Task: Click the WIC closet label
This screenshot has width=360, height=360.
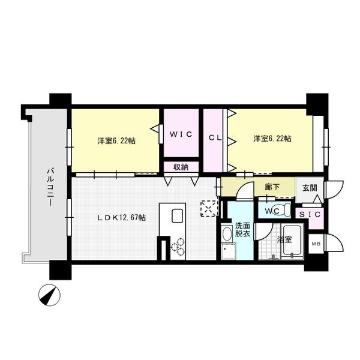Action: pos(181,134)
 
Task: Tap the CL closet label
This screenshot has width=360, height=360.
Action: pos(215,138)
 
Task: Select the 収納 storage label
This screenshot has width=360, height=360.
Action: pos(181,167)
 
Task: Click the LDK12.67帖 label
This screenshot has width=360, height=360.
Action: pos(122,217)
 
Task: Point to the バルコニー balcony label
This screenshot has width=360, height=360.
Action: pos(50,187)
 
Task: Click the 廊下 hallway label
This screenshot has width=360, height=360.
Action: pos(272,187)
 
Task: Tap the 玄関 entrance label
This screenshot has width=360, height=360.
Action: pos(310,188)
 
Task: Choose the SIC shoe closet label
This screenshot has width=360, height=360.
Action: pos(310,214)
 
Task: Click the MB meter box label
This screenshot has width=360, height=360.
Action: pos(316,244)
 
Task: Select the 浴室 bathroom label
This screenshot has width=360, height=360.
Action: pos(284,239)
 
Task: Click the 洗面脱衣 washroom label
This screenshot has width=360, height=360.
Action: pos(242,230)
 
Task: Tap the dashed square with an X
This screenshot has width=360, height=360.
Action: pos(209,208)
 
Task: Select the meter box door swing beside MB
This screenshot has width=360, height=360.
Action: pos(334,244)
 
